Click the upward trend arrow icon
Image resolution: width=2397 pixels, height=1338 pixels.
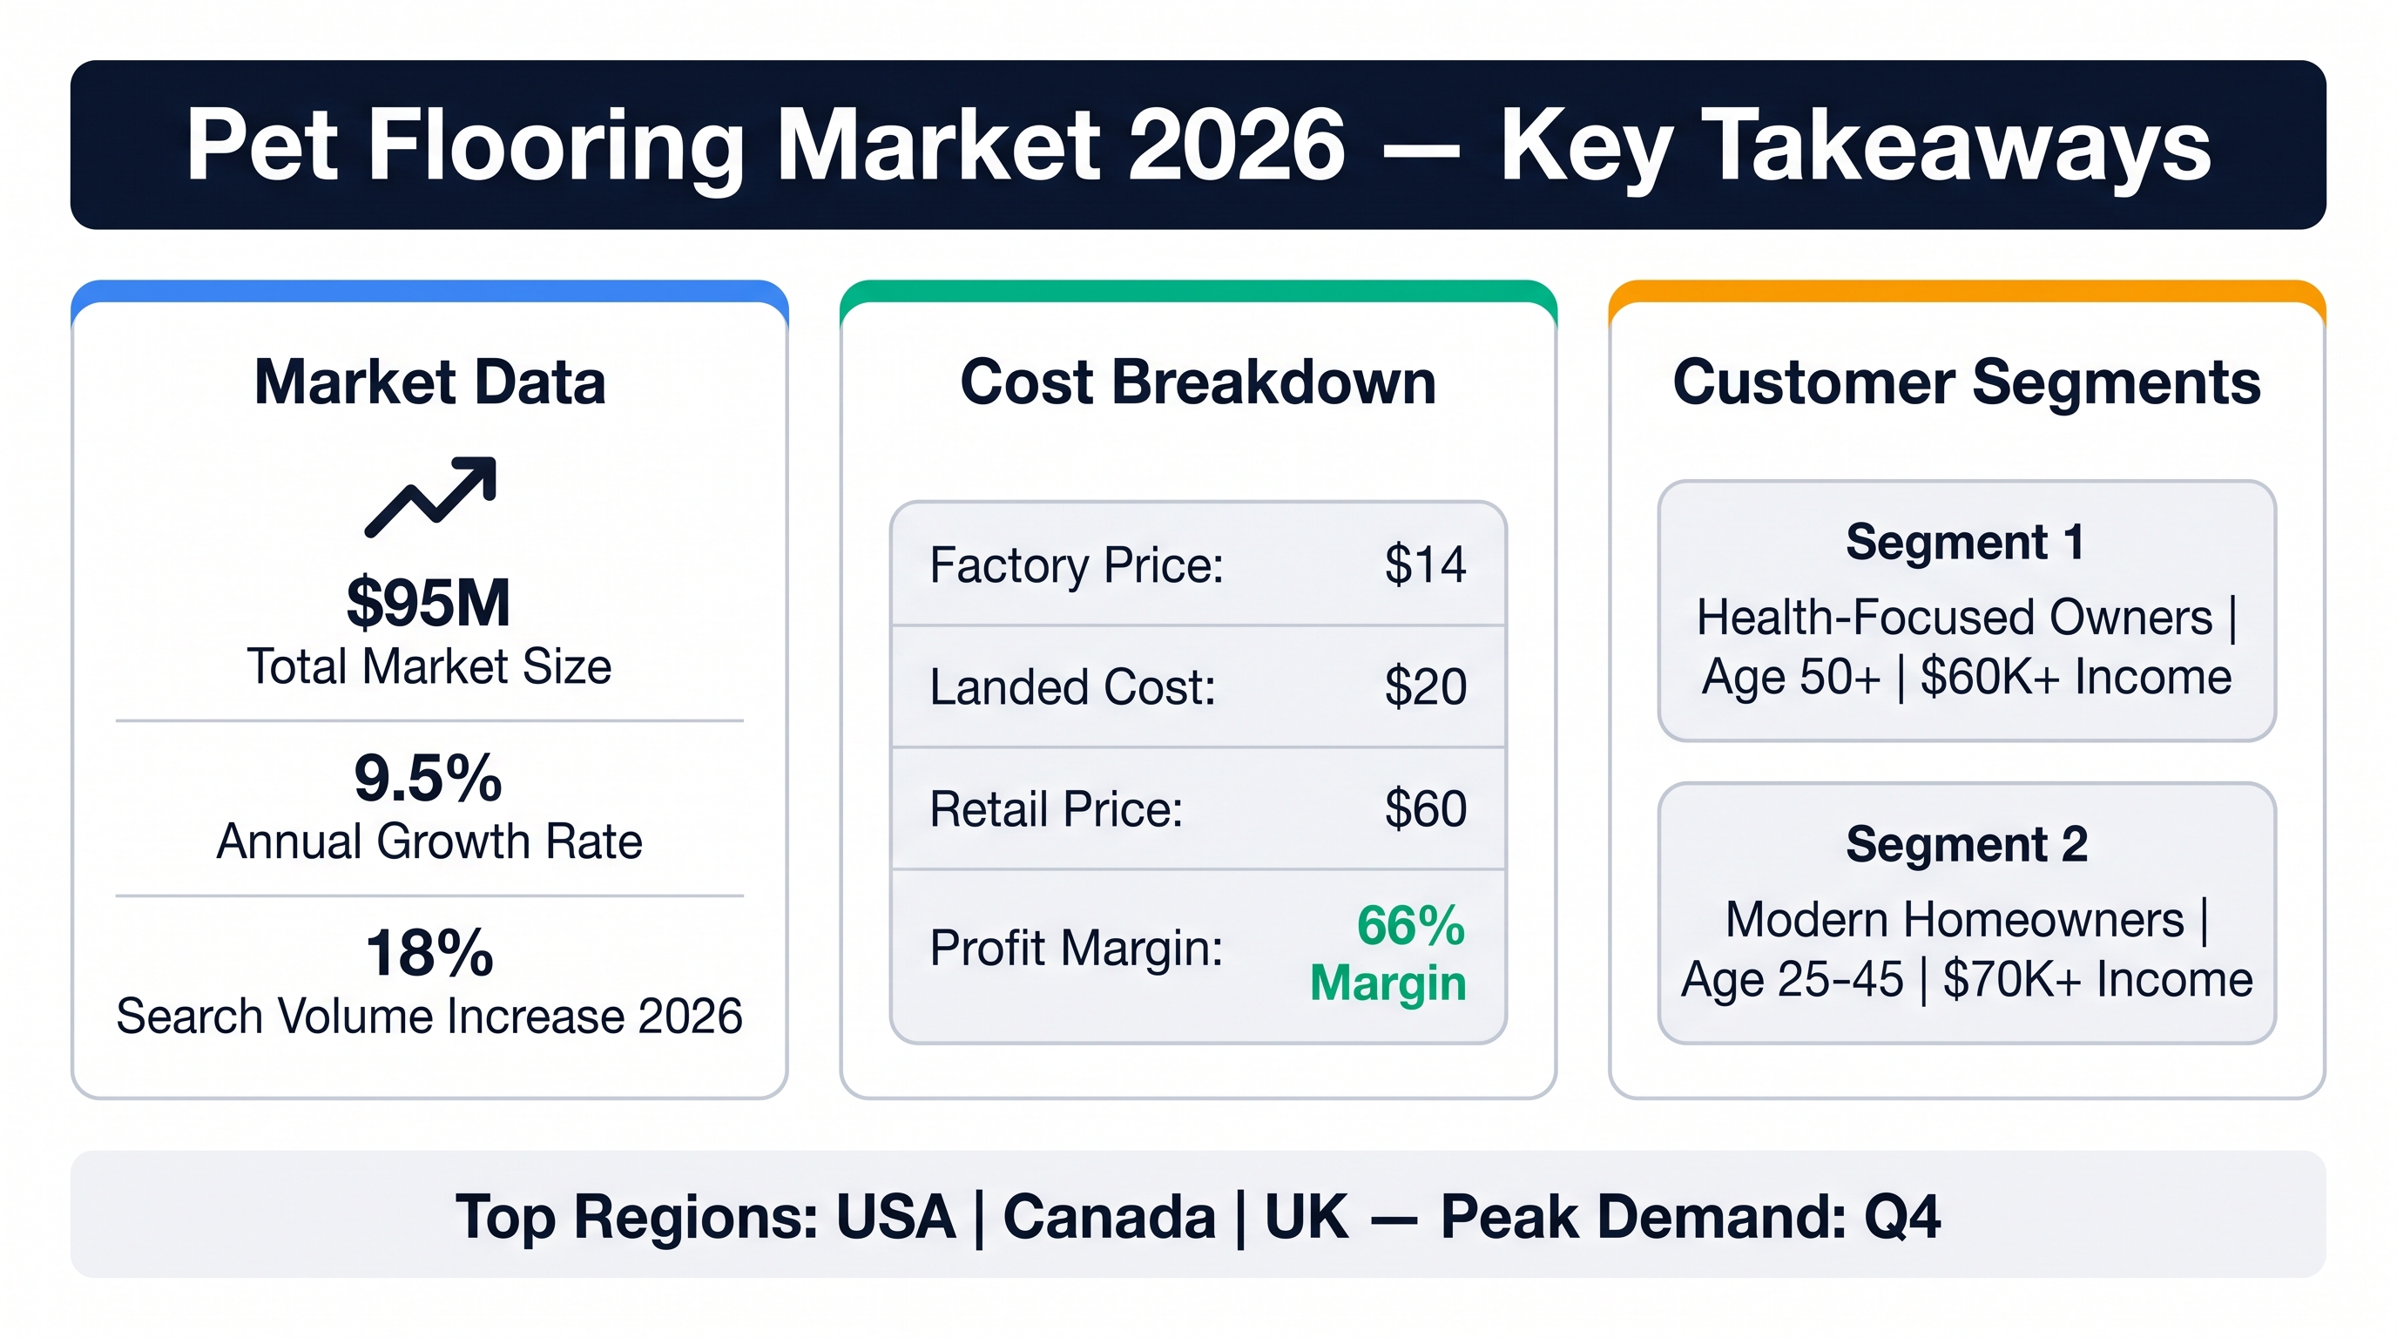[x=431, y=497]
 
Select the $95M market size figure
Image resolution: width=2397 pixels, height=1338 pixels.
[x=429, y=603]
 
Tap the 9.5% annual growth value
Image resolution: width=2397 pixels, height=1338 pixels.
[x=428, y=778]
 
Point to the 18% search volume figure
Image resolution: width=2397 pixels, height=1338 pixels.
[x=429, y=953]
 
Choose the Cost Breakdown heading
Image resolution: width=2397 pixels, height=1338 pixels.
[x=1198, y=382]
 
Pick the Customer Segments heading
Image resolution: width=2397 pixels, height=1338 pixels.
[x=1967, y=382]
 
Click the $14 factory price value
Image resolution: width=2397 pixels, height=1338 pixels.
[x=1426, y=564]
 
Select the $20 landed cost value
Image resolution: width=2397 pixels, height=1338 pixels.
[x=1426, y=686]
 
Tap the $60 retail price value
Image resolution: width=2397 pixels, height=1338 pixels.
[x=1426, y=808]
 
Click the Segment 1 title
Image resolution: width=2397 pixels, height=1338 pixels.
[x=1965, y=543]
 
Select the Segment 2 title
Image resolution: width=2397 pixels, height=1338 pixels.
[x=1967, y=845]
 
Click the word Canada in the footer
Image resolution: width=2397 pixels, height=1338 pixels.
[x=1109, y=1217]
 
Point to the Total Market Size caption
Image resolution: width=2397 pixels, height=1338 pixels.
[x=429, y=667]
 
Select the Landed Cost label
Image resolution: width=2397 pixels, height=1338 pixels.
[x=1073, y=687]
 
